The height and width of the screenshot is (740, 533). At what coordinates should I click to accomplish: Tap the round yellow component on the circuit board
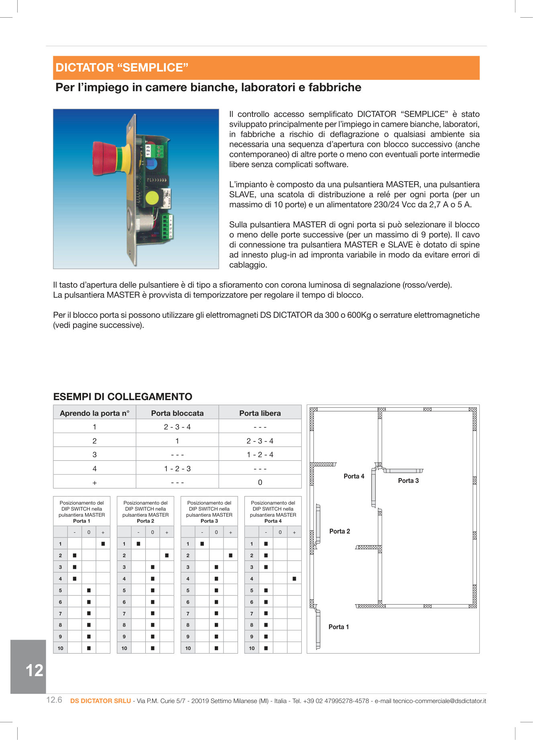[152, 198]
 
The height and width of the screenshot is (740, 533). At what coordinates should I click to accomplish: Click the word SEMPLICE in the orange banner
[152, 67]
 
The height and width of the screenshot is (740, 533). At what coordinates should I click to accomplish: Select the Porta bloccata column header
[177, 413]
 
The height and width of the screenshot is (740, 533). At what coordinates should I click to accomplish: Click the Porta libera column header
[260, 413]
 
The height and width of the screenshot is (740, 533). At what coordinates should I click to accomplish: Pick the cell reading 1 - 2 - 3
[177, 468]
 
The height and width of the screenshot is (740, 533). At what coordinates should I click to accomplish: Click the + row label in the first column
[94, 482]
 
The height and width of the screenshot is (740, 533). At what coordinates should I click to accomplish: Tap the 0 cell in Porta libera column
[260, 482]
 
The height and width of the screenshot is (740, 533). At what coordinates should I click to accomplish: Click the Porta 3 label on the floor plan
[408, 480]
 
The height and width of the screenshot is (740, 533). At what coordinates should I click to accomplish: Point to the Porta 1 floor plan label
[338, 627]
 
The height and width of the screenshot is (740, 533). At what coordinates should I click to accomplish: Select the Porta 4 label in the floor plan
[354, 476]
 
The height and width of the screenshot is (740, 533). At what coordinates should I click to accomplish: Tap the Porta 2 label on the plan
[340, 531]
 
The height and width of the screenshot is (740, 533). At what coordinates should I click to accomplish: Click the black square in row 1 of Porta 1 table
[103, 544]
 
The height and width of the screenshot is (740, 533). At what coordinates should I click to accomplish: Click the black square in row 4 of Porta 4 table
[294, 579]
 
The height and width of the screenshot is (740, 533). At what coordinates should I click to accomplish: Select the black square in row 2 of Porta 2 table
[167, 555]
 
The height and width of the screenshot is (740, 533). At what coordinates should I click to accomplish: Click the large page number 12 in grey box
[34, 670]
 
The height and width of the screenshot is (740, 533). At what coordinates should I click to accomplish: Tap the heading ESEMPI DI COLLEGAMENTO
[122, 397]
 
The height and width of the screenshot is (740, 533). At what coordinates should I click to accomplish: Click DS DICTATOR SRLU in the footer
[100, 701]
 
